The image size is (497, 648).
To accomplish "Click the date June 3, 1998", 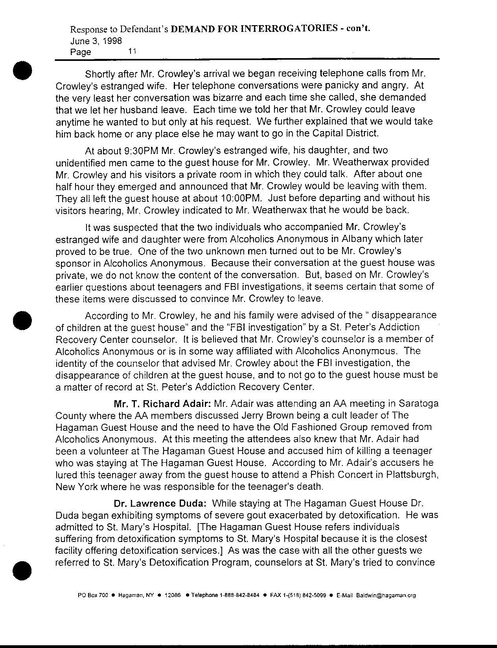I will (96, 40).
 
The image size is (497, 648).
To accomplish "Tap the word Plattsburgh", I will (412, 474).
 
